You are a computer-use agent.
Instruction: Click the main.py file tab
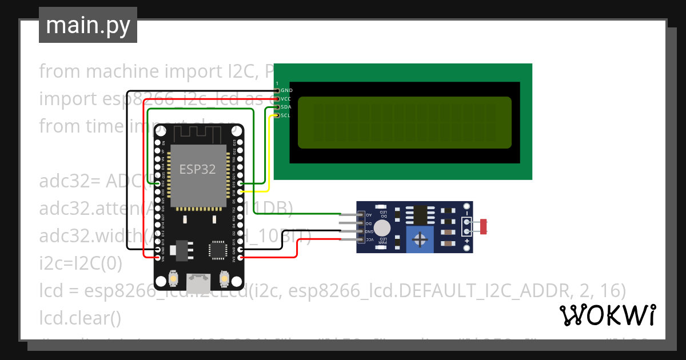(x=88, y=25)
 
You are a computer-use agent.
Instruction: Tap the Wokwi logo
(x=607, y=315)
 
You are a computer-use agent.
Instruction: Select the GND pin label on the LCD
(x=287, y=90)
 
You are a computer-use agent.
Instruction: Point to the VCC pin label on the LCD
(x=286, y=99)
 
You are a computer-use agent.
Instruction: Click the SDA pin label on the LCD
(x=286, y=107)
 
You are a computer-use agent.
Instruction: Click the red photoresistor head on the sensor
(x=484, y=227)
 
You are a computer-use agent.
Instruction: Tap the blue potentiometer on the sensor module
(x=420, y=239)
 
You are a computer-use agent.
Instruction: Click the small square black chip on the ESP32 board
(x=217, y=250)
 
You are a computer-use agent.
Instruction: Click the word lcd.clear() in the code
(x=80, y=318)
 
